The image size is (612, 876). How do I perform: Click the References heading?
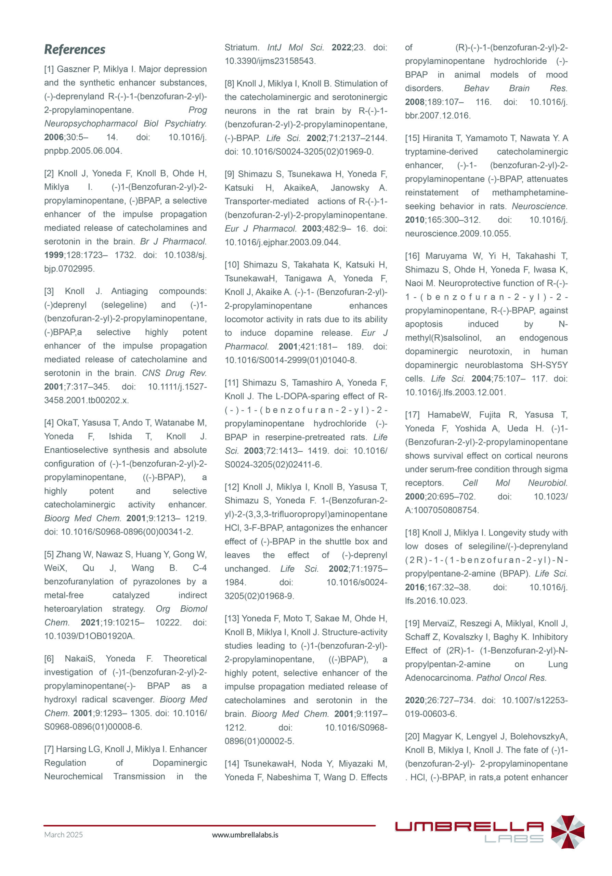point(75,49)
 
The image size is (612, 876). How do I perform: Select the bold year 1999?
point(54,255)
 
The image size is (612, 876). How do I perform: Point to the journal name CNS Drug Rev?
point(174,373)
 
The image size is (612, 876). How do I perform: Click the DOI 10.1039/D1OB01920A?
point(89,636)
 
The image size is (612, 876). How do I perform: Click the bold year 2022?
point(341,48)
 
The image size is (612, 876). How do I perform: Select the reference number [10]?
point(232,265)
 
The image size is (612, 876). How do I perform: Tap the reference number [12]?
point(232,487)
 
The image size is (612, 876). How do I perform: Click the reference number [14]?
point(232,764)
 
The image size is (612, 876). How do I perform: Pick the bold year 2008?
point(415,102)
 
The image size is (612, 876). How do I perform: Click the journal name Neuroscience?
point(539,206)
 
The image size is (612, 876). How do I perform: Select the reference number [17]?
point(412,415)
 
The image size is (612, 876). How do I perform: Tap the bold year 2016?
point(415,587)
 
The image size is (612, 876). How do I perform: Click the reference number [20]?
point(412,737)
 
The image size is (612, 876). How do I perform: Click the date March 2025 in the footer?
point(63,835)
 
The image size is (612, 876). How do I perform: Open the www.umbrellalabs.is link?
point(245,835)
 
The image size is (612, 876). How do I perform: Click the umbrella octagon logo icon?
point(568,832)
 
